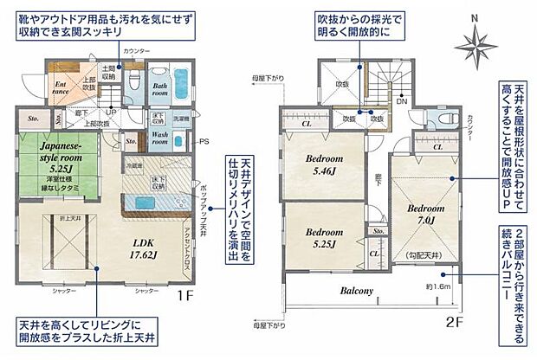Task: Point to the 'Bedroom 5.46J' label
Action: coord(322,164)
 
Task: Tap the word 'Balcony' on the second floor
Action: coord(356,291)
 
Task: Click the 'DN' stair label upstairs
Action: coord(401,102)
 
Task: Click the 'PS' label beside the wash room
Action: coord(204,141)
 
